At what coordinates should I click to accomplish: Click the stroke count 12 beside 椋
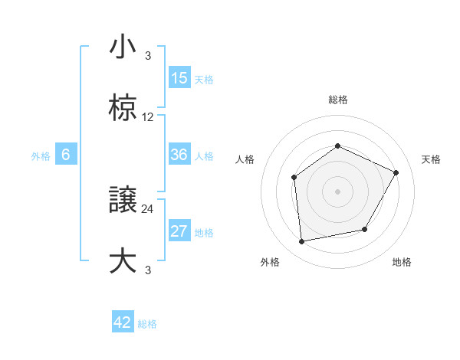(x=148, y=117)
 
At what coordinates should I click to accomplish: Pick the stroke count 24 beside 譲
(x=148, y=209)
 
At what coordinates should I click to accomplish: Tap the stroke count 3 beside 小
(x=148, y=55)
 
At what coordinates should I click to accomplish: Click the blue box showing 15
(x=179, y=78)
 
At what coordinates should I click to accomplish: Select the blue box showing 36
(x=179, y=155)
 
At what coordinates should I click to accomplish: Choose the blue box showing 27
(x=179, y=232)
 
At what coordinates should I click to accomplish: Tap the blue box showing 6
(x=66, y=155)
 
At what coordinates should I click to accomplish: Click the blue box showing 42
(x=123, y=322)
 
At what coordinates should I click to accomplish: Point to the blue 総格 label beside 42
(x=147, y=324)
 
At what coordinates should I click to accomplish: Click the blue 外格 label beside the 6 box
(x=41, y=156)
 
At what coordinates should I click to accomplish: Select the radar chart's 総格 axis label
(x=337, y=100)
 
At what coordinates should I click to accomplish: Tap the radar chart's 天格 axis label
(x=431, y=159)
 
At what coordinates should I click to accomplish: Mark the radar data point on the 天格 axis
(x=396, y=172)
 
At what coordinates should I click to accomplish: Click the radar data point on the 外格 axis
(x=302, y=242)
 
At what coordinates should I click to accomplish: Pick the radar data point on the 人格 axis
(x=294, y=178)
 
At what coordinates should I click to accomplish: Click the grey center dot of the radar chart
(x=337, y=191)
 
